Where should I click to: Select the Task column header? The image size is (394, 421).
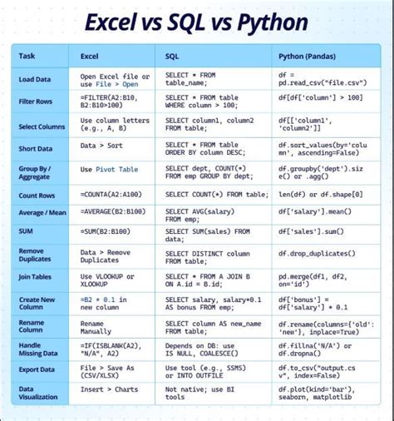27,57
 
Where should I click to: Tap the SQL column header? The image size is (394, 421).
172,57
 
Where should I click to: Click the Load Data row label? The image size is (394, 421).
35,80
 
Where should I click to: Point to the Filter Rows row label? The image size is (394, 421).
36,102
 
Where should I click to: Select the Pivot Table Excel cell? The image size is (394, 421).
109,170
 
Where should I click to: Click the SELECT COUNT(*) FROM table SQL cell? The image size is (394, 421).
214,194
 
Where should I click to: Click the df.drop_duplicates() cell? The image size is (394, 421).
318,255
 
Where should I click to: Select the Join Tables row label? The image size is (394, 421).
36,278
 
